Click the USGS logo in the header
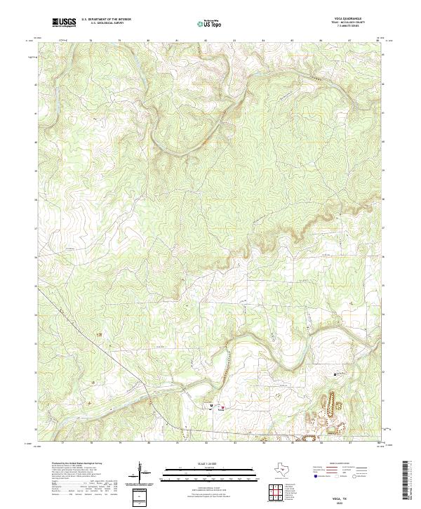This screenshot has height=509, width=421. [x=64, y=22]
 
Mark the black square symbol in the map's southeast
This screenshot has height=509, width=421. [x=335, y=374]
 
